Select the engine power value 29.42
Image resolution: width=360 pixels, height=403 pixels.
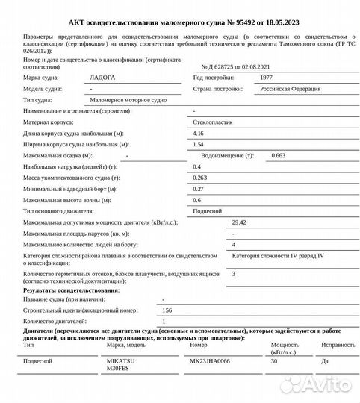pos(240,222)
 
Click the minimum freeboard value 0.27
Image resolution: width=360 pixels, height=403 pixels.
pos(198,190)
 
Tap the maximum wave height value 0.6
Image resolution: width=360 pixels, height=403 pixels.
pos(197,200)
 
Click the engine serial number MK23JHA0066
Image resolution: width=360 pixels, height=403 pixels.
pos(211,360)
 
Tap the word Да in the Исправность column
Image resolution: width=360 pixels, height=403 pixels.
pos(323,360)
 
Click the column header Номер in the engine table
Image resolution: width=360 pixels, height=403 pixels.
pos(199,346)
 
